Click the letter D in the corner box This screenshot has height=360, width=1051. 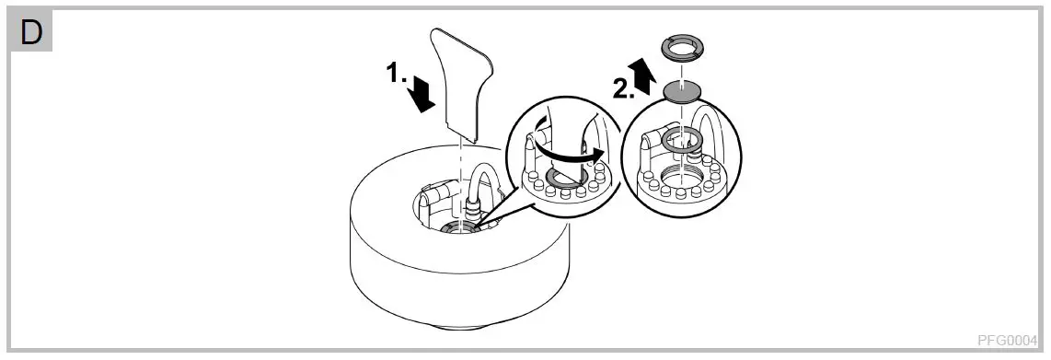(31, 33)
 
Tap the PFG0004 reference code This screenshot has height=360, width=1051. (1012, 338)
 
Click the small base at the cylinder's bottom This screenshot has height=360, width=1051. (460, 324)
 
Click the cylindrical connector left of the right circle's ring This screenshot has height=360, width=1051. (650, 141)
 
